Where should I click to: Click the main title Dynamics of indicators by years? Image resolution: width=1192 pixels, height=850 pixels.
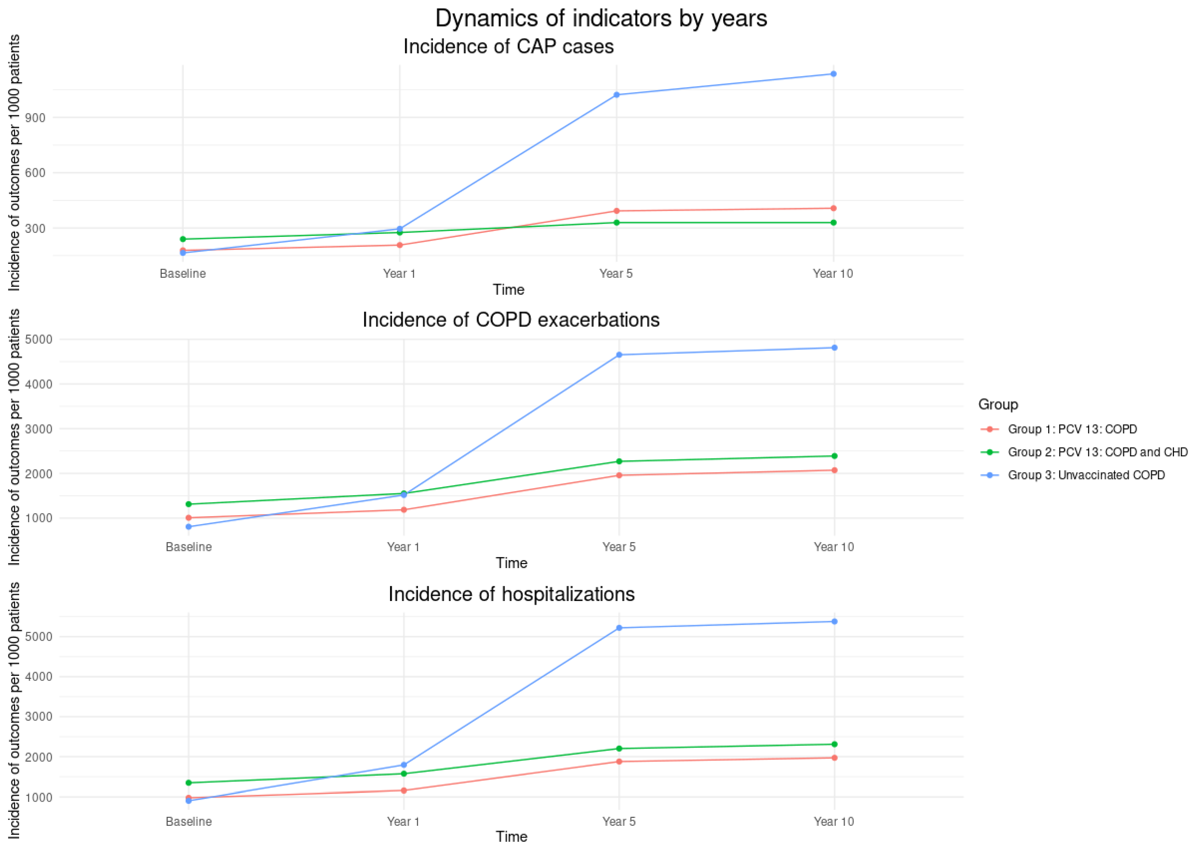pos(601,18)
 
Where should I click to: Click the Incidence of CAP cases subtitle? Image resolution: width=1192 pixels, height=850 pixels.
pos(508,47)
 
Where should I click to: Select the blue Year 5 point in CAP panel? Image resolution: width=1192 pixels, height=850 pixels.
pos(616,95)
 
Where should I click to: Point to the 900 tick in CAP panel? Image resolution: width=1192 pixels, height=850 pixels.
pos(35,118)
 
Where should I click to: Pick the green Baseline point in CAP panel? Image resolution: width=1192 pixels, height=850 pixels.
pos(183,239)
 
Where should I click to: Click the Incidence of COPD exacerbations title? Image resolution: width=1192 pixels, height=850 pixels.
pos(511,320)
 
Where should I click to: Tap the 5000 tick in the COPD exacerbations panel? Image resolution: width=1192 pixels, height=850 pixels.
pos(38,340)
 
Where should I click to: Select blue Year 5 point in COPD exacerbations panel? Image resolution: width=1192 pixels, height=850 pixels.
pos(619,355)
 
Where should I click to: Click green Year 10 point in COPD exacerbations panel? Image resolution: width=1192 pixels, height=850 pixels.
pos(834,456)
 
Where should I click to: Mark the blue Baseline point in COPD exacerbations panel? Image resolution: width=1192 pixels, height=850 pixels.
pos(188,527)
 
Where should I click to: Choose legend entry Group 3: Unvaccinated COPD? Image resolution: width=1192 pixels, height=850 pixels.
pos(1086,475)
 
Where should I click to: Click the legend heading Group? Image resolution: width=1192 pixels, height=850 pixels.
pos(998,405)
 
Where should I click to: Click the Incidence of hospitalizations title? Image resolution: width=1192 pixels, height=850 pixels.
pos(511,594)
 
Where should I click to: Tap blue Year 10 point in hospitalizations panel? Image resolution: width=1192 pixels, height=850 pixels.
pos(834,621)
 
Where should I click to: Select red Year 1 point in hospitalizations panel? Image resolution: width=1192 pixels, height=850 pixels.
pos(403,790)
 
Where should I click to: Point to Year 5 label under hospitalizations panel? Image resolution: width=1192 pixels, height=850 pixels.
pos(619,821)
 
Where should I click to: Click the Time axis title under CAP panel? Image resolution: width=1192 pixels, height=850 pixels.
pos(508,290)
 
